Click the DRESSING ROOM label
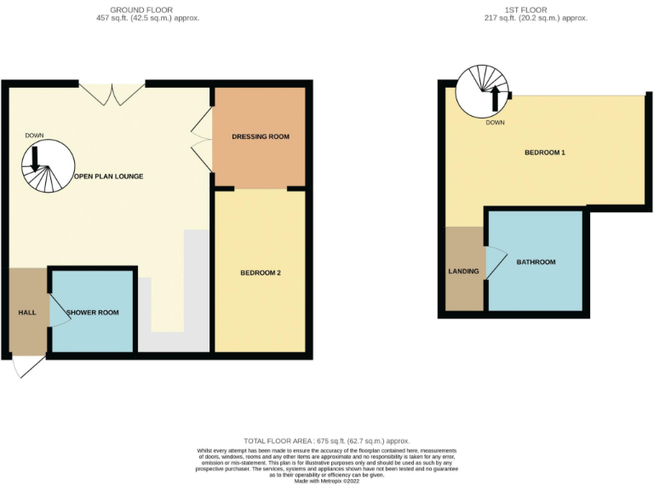coord(261,136)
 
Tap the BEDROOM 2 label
coord(261,273)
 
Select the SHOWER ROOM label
coord(93,312)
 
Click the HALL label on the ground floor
coord(27,312)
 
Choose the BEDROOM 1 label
coord(545,153)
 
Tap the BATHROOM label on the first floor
coord(536,262)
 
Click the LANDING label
coord(464,272)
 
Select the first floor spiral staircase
coord(483,90)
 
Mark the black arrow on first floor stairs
coord(495,98)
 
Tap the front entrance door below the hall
coord(26,367)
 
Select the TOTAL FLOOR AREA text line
coord(327,441)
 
